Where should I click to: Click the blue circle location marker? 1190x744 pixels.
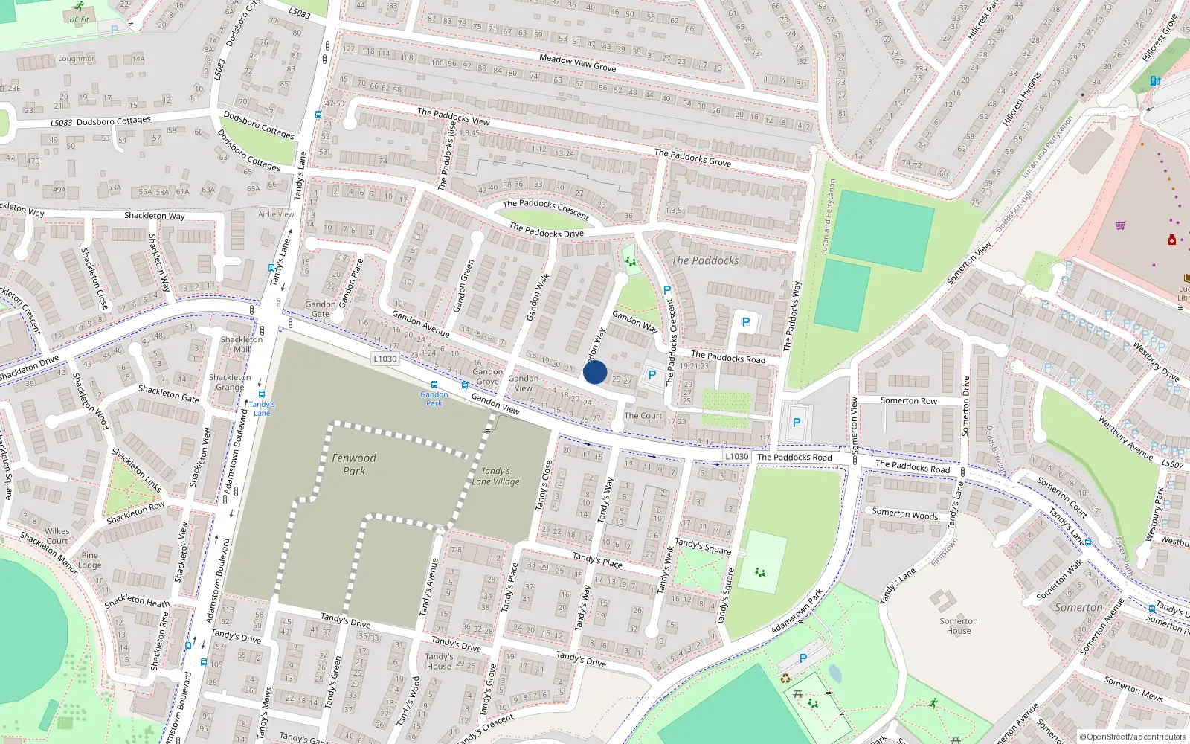point(595,372)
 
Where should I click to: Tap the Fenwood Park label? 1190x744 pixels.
point(354,464)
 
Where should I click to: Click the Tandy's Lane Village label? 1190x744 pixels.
point(496,476)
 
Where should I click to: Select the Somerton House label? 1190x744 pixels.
point(959,626)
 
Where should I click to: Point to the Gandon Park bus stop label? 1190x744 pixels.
point(434,399)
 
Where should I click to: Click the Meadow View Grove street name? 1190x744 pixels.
point(577,62)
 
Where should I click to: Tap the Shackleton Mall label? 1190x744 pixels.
point(241,344)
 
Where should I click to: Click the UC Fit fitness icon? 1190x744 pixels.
point(79,7)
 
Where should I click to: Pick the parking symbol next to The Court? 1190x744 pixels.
point(652,376)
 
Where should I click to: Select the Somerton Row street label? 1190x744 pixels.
point(909,400)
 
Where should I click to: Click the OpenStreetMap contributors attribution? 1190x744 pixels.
point(1132,737)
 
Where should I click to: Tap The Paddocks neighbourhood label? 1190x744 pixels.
point(705,260)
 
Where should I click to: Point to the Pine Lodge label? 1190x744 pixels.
point(90,560)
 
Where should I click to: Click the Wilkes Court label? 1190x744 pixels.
point(57,536)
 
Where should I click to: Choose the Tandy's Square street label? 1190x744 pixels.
point(703,547)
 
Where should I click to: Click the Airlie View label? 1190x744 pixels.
point(276,214)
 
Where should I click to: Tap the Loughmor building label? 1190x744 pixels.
point(77,59)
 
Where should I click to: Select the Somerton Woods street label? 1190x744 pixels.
point(904,514)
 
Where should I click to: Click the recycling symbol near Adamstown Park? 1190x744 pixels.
point(785,678)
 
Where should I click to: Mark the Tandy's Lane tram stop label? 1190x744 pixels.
point(262,408)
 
